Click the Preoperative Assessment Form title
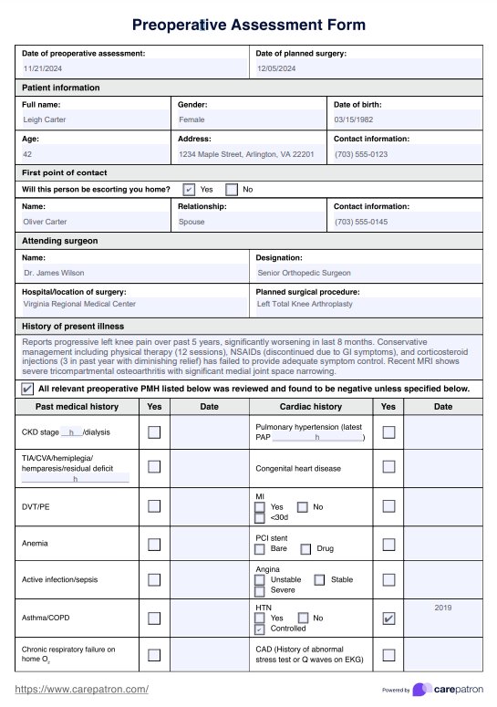pos(248,25)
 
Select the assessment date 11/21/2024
pos(42,68)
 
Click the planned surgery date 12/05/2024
pos(276,68)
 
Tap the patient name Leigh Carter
pos(45,120)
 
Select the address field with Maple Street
pos(246,154)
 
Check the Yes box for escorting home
pos(189,190)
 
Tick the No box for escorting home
pos(232,190)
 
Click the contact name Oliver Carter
pos(46,222)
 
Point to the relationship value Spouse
pos(192,222)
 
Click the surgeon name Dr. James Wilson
pos(54,273)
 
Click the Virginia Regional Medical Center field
pos(80,304)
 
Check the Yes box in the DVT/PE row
pos(154,505)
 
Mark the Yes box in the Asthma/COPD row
pos(154,618)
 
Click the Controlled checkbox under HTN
pos(260,629)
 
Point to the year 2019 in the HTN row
pos(442,607)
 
